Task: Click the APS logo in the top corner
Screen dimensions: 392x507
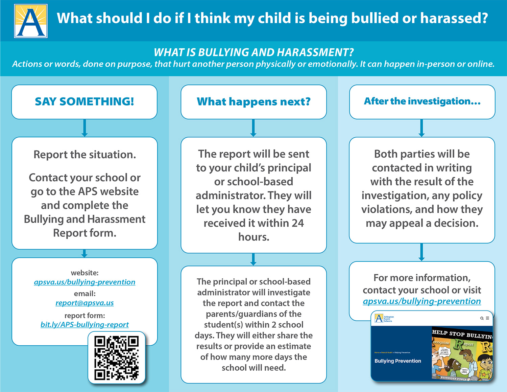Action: [31, 21]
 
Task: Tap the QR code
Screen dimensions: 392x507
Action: [117, 358]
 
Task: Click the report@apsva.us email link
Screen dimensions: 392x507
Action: [84, 303]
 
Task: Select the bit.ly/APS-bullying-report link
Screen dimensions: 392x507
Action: [84, 325]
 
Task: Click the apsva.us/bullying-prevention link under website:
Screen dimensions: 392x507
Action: [84, 282]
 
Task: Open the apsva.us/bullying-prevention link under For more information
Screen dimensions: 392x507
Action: [422, 301]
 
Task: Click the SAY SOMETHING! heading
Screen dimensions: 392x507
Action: [84, 101]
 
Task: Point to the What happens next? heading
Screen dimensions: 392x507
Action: [254, 101]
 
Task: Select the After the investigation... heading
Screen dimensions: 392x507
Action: [422, 101]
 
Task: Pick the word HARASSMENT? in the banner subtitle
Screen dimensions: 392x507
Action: [316, 52]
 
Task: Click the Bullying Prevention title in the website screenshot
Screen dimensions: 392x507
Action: [398, 361]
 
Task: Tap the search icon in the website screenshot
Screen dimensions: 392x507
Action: [482, 318]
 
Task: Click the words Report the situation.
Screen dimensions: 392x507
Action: [84, 155]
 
